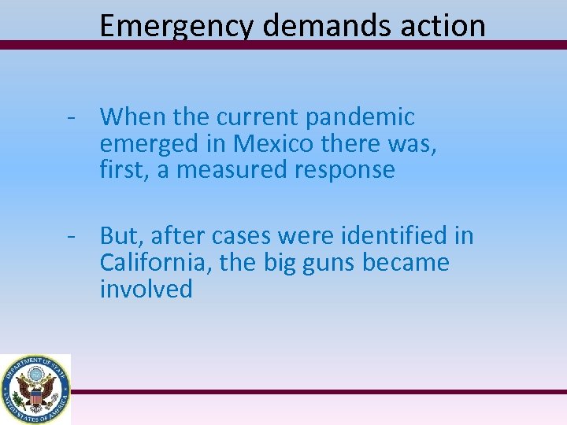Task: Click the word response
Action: tap(348, 171)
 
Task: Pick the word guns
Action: tap(327, 263)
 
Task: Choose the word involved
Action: tap(146, 290)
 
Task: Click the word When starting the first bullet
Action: tap(131, 118)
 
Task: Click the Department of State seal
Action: tap(35, 389)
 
